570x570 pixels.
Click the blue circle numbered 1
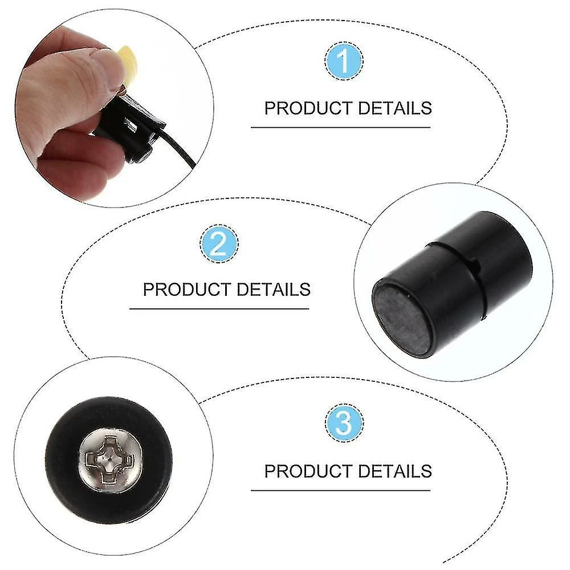coord(343,61)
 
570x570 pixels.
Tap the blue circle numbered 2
coord(219,243)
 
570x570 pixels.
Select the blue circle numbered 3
coord(344,422)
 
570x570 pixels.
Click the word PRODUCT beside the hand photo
coord(308,108)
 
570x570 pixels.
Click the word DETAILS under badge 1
coord(395,108)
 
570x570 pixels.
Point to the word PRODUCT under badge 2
coord(187,290)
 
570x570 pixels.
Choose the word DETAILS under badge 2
coord(274,290)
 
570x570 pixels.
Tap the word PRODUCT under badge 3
coord(308,471)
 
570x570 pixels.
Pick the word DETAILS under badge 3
coord(395,471)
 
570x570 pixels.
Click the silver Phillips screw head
coord(110,461)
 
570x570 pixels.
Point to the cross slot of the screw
coord(109,461)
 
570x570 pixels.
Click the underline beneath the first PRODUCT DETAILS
coord(341,128)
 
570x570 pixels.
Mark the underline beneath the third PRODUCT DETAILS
coord(341,490)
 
